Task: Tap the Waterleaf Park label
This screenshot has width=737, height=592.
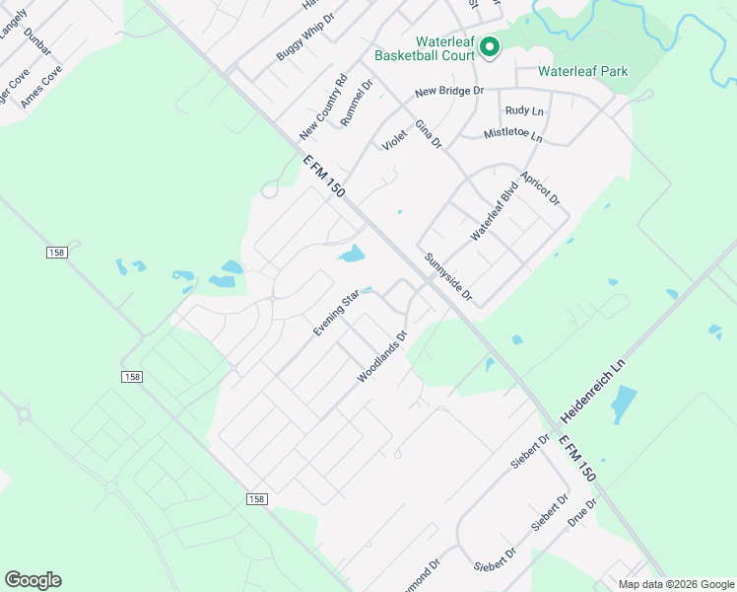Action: tap(582, 72)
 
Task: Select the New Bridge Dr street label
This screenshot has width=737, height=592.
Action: tap(450, 91)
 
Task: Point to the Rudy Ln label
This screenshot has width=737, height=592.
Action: tap(524, 111)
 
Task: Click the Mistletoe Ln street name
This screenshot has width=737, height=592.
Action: tap(512, 134)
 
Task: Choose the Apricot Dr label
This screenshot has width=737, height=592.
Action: tap(540, 187)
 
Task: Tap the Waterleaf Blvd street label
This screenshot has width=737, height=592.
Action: tap(494, 214)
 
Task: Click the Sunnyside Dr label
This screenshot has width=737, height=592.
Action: tap(449, 277)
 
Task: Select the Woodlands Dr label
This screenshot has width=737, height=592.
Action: tap(382, 357)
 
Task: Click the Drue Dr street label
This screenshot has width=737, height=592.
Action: tap(582, 513)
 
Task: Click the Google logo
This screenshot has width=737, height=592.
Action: tap(33, 580)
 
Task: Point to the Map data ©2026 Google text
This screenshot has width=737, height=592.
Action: tap(676, 584)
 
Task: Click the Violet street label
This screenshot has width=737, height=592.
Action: tap(394, 140)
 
